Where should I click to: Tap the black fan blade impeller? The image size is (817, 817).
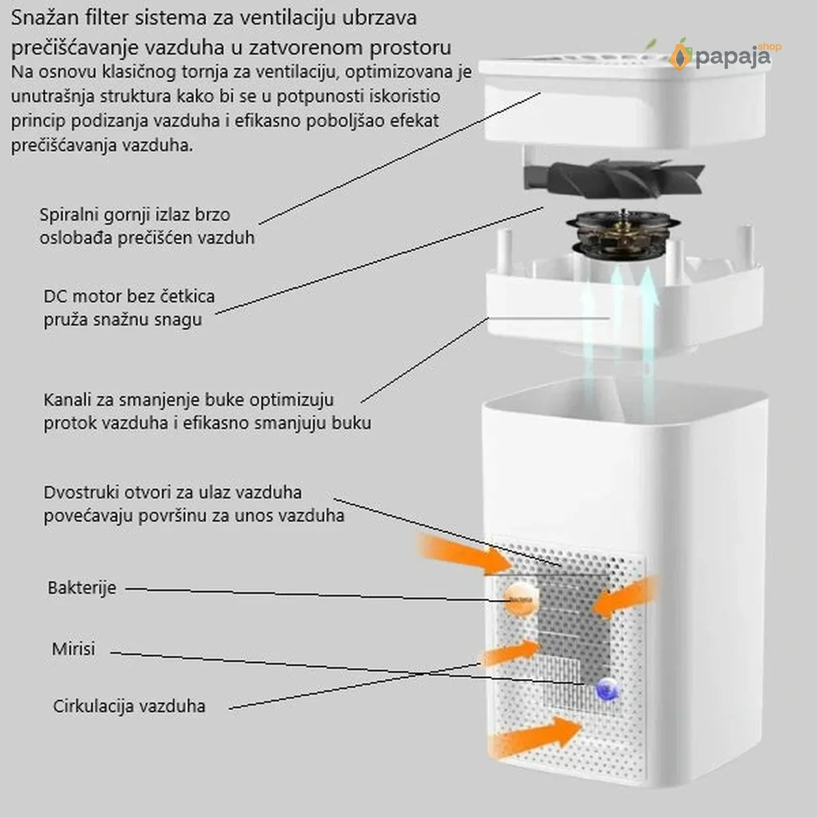(x=614, y=178)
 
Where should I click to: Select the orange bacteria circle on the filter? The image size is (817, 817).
(x=521, y=599)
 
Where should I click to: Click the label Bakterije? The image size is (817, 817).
(x=82, y=588)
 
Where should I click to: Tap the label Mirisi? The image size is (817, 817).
(x=74, y=649)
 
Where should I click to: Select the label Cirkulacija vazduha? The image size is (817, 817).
(x=129, y=706)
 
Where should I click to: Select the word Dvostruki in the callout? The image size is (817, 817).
(x=81, y=493)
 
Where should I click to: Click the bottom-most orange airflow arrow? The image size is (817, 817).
(x=535, y=738)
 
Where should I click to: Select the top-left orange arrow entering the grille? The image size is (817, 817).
(x=465, y=552)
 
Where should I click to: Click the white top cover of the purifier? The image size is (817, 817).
(x=622, y=101)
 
